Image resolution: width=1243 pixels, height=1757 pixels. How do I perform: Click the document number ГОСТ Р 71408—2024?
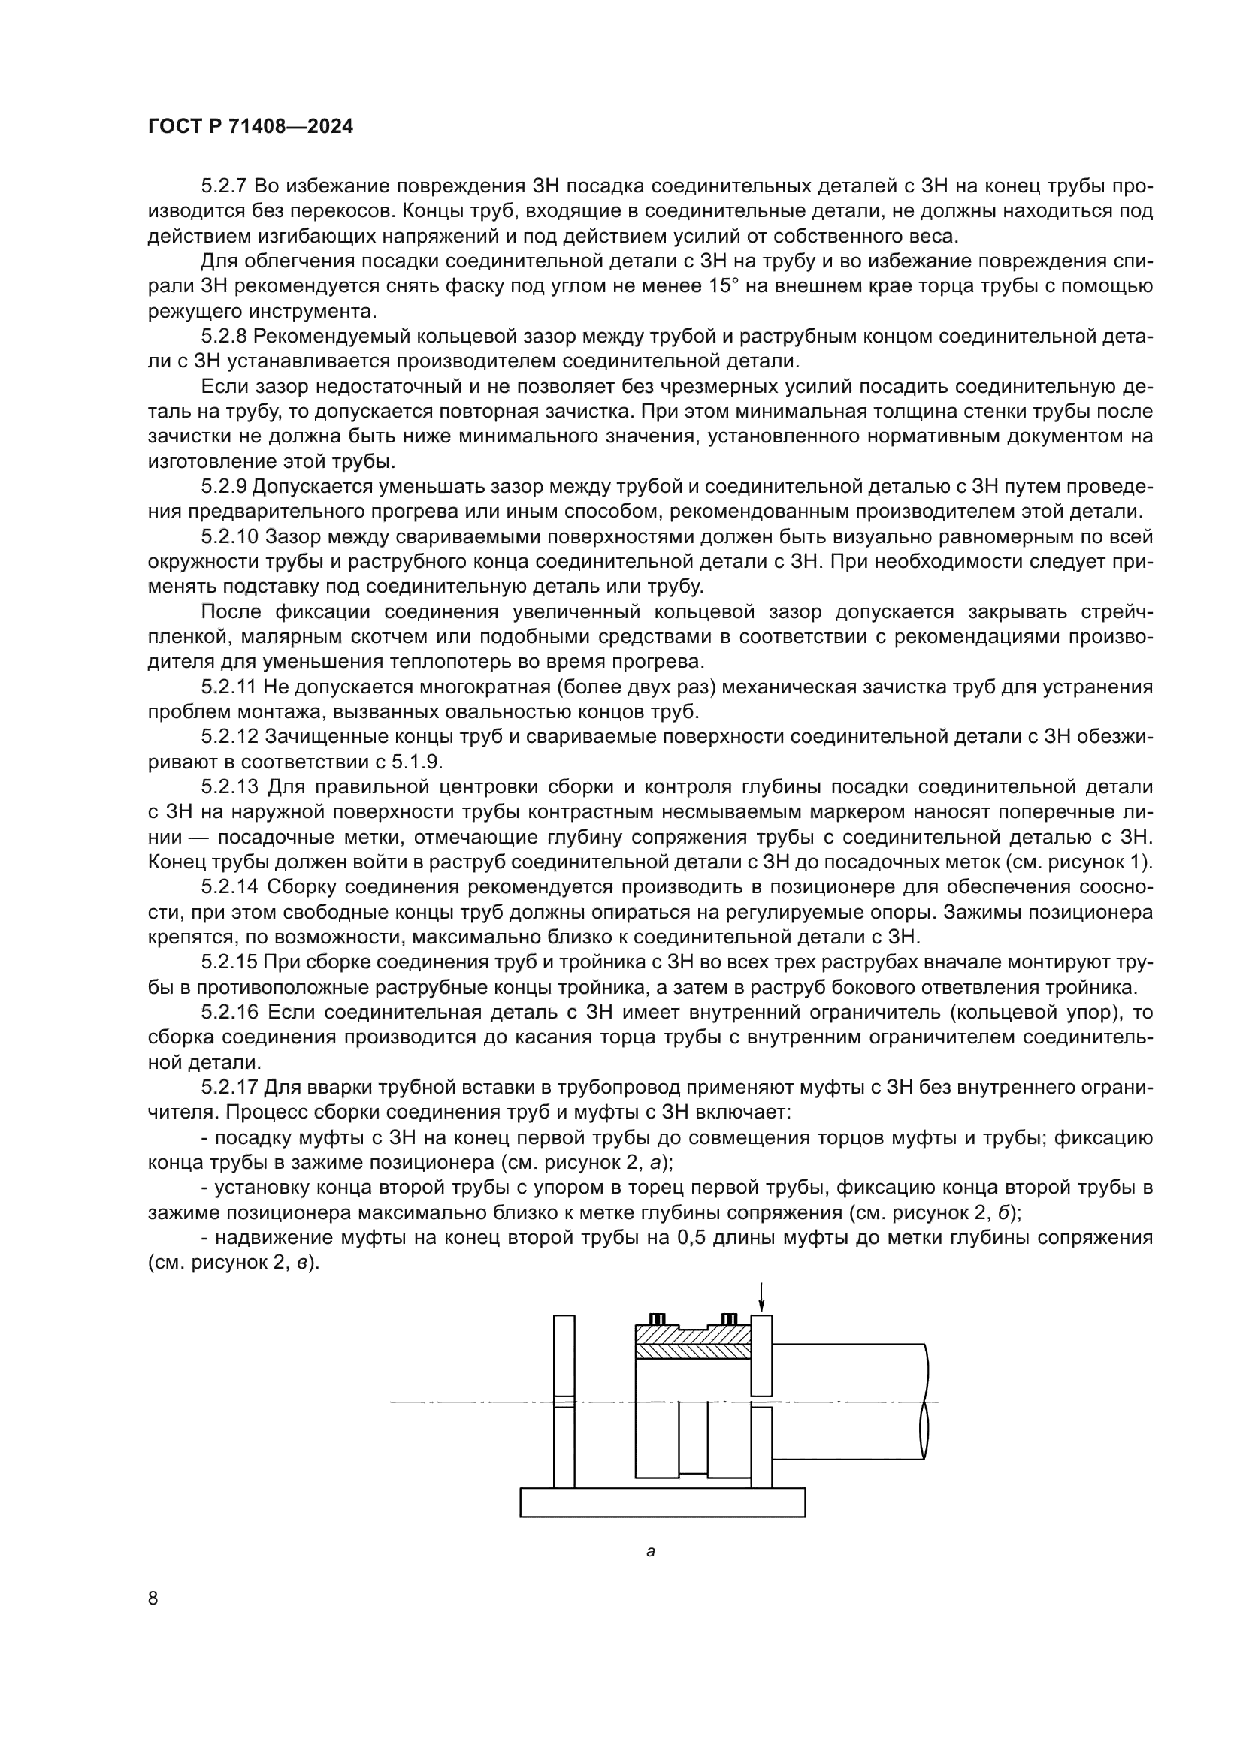250,127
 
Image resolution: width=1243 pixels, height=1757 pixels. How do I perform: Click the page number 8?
153,1598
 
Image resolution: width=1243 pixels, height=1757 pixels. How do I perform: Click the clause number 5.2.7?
226,186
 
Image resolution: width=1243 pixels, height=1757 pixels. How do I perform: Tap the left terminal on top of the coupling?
657,1319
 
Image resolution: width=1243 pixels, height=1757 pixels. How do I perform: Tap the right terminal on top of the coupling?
730,1319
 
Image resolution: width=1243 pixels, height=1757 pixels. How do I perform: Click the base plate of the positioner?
662,1502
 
